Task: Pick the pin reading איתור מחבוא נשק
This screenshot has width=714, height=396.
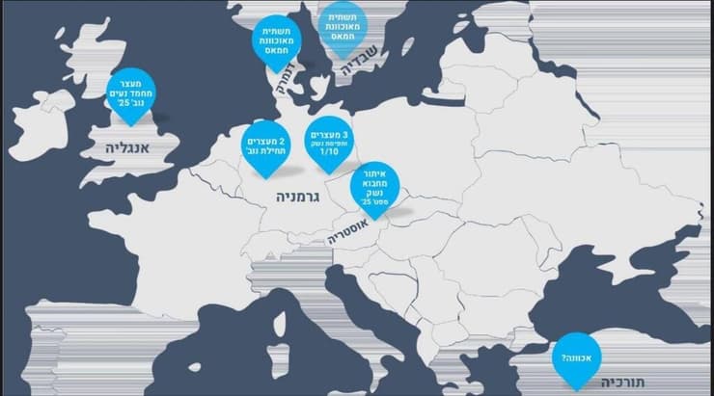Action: (378, 185)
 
